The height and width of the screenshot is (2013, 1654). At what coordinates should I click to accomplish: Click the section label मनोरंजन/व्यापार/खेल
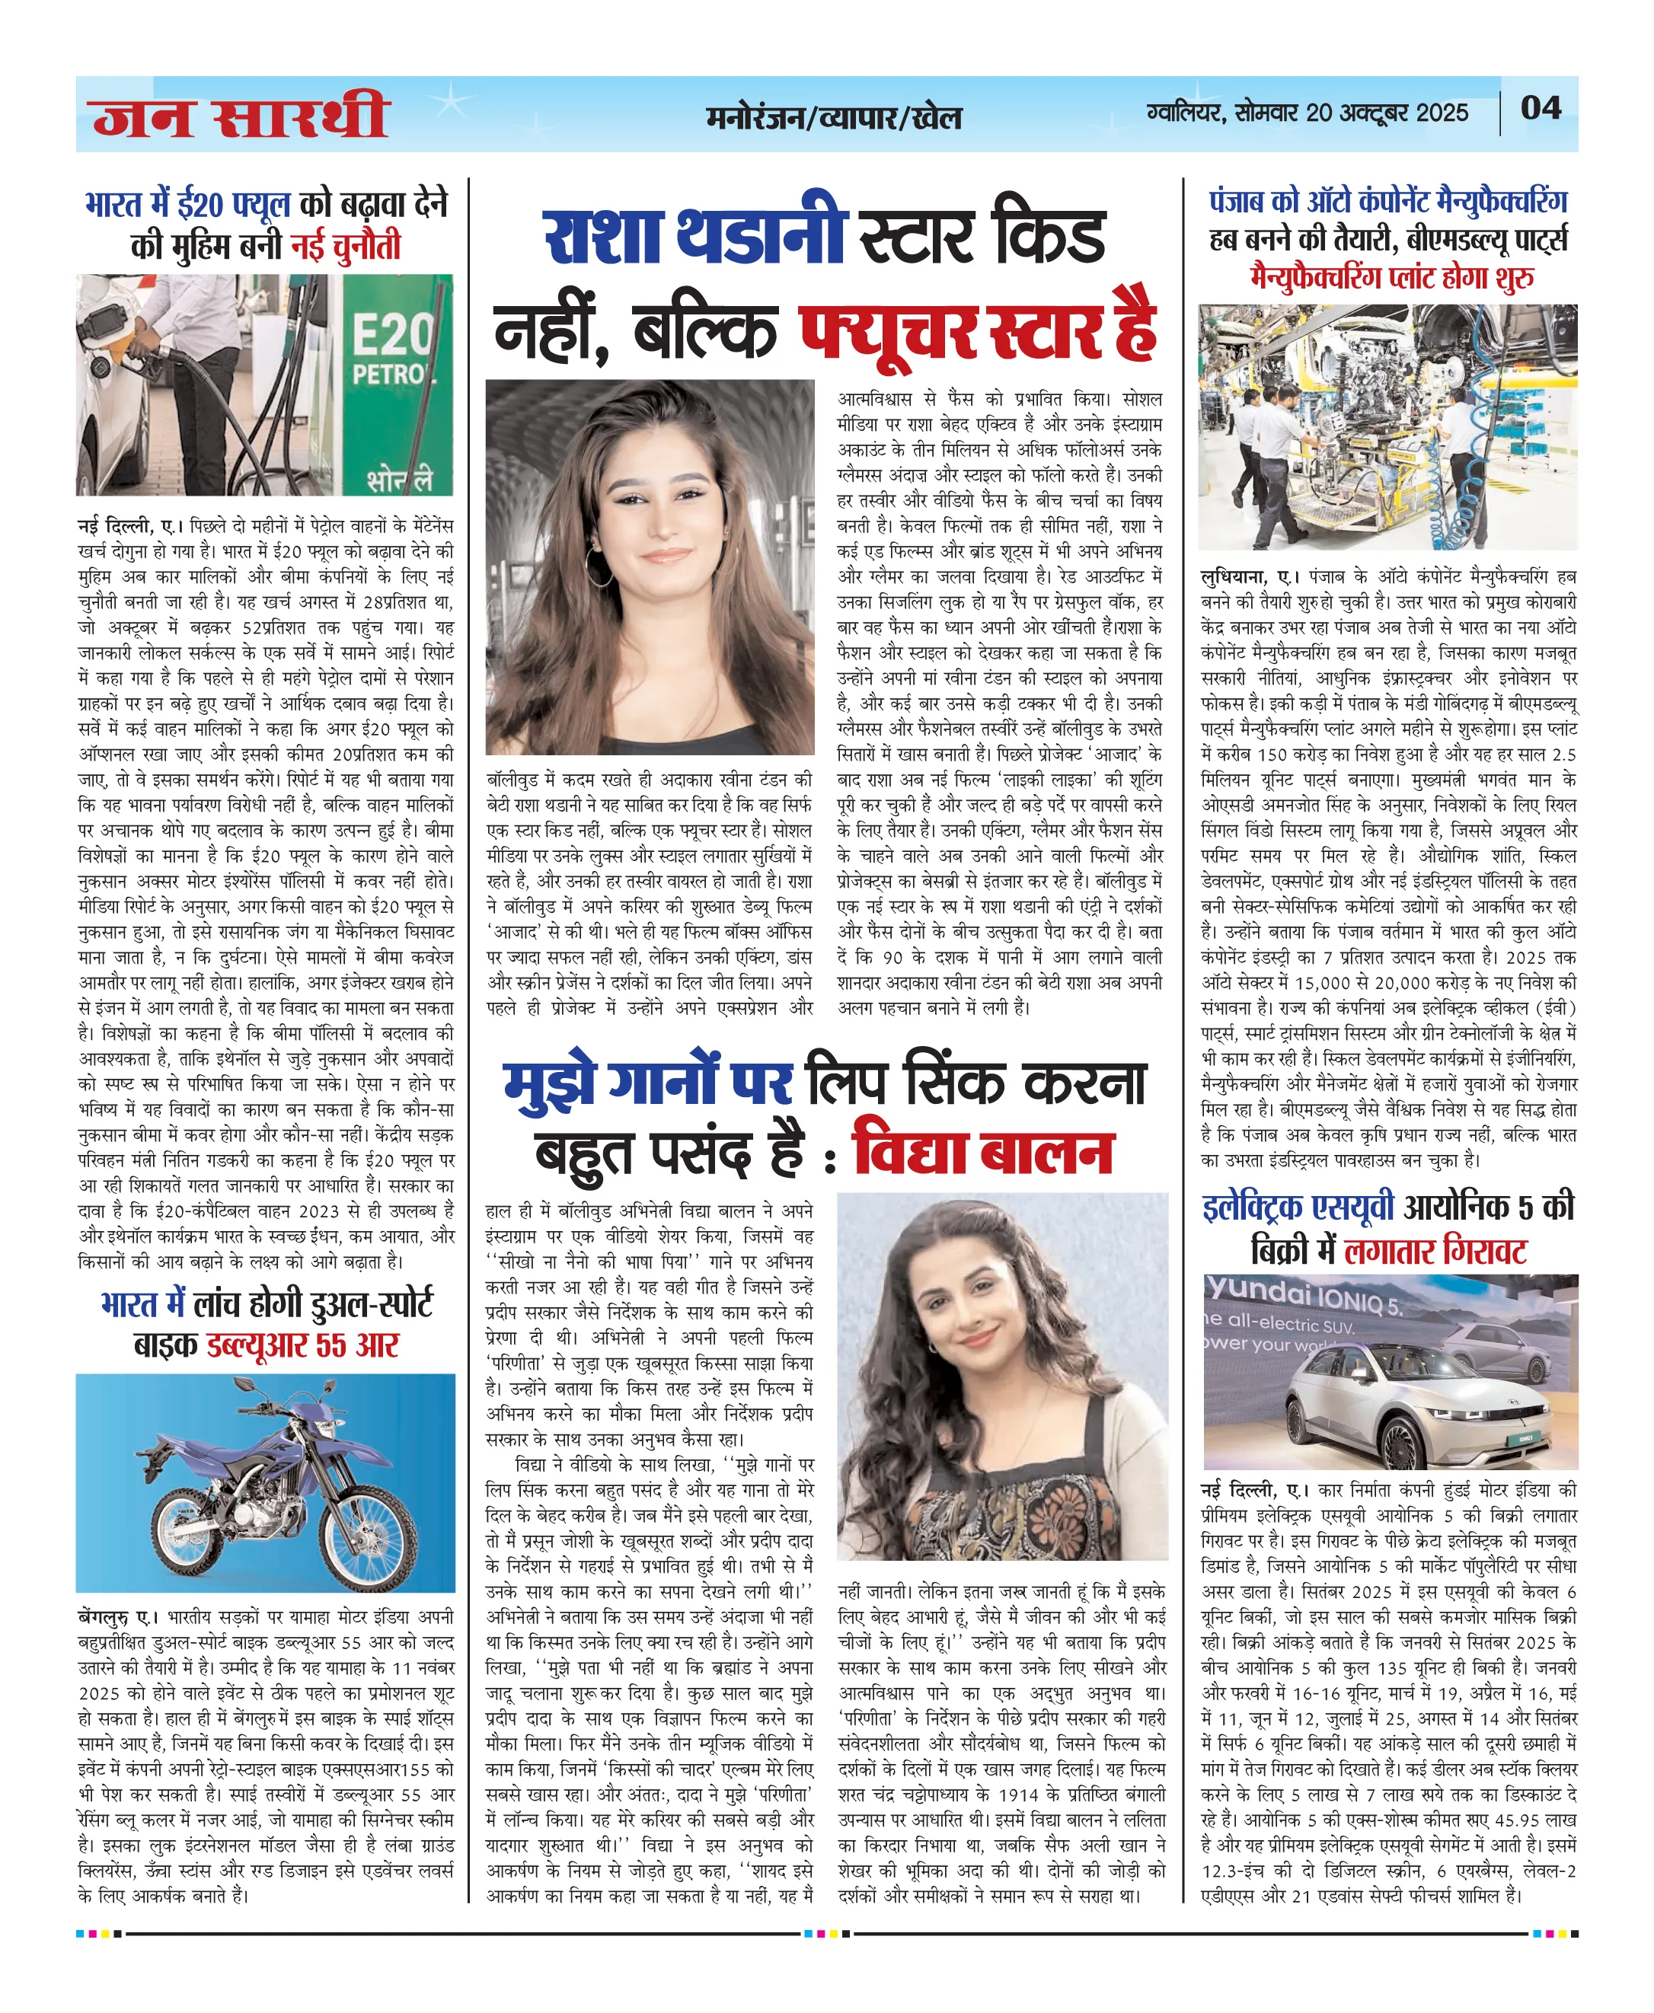click(x=834, y=118)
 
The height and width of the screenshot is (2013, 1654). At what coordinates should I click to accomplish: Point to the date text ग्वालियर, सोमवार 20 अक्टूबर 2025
click(x=1308, y=113)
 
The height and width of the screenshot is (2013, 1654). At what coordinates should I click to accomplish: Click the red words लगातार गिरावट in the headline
click(x=1435, y=1251)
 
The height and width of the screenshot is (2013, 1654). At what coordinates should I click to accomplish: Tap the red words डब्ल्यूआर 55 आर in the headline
click(x=303, y=1345)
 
